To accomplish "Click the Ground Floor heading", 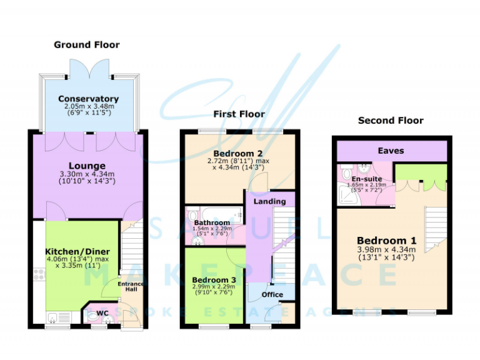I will pyautogui.click(x=86, y=44).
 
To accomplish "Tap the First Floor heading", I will pyautogui.click(x=239, y=114).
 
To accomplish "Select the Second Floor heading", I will pyautogui.click(x=391, y=120).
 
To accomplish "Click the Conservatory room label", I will pyautogui.click(x=88, y=99).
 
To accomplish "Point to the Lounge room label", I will pyautogui.click(x=87, y=166).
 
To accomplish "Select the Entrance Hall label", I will pyautogui.click(x=131, y=288).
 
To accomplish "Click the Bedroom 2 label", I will pyautogui.click(x=233, y=154).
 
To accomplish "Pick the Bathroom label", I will pyautogui.click(x=211, y=222).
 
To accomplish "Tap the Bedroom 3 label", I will pyautogui.click(x=213, y=279).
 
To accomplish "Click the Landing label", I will pyautogui.click(x=269, y=201).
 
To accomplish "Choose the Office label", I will pyautogui.click(x=272, y=294).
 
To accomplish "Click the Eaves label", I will pyautogui.click(x=391, y=151).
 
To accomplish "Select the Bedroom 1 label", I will pyautogui.click(x=386, y=241).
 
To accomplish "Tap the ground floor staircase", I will pyautogui.click(x=132, y=250).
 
